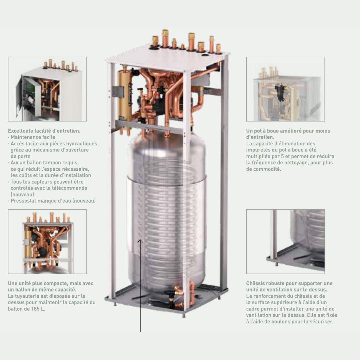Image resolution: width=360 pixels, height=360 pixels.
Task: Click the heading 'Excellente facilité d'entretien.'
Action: click(44, 131)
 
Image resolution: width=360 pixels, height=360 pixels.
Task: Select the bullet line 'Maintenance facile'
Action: click(33, 137)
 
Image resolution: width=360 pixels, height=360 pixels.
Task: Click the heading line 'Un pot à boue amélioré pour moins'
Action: click(288, 131)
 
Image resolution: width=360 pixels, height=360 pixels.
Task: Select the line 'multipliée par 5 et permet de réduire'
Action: click(290, 156)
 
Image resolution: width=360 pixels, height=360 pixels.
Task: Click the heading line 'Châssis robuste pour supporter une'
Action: click(289, 283)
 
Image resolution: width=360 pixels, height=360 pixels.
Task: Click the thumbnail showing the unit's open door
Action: click(47, 89)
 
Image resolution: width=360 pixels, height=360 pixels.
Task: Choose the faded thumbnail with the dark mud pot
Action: click(285, 89)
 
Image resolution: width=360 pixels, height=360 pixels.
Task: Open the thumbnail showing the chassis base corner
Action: click(285, 242)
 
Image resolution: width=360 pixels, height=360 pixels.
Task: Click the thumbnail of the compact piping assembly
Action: click(47, 242)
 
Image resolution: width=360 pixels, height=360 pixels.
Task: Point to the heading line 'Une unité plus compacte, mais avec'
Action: click(51, 283)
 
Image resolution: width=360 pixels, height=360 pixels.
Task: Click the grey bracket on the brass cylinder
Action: click(118, 91)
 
